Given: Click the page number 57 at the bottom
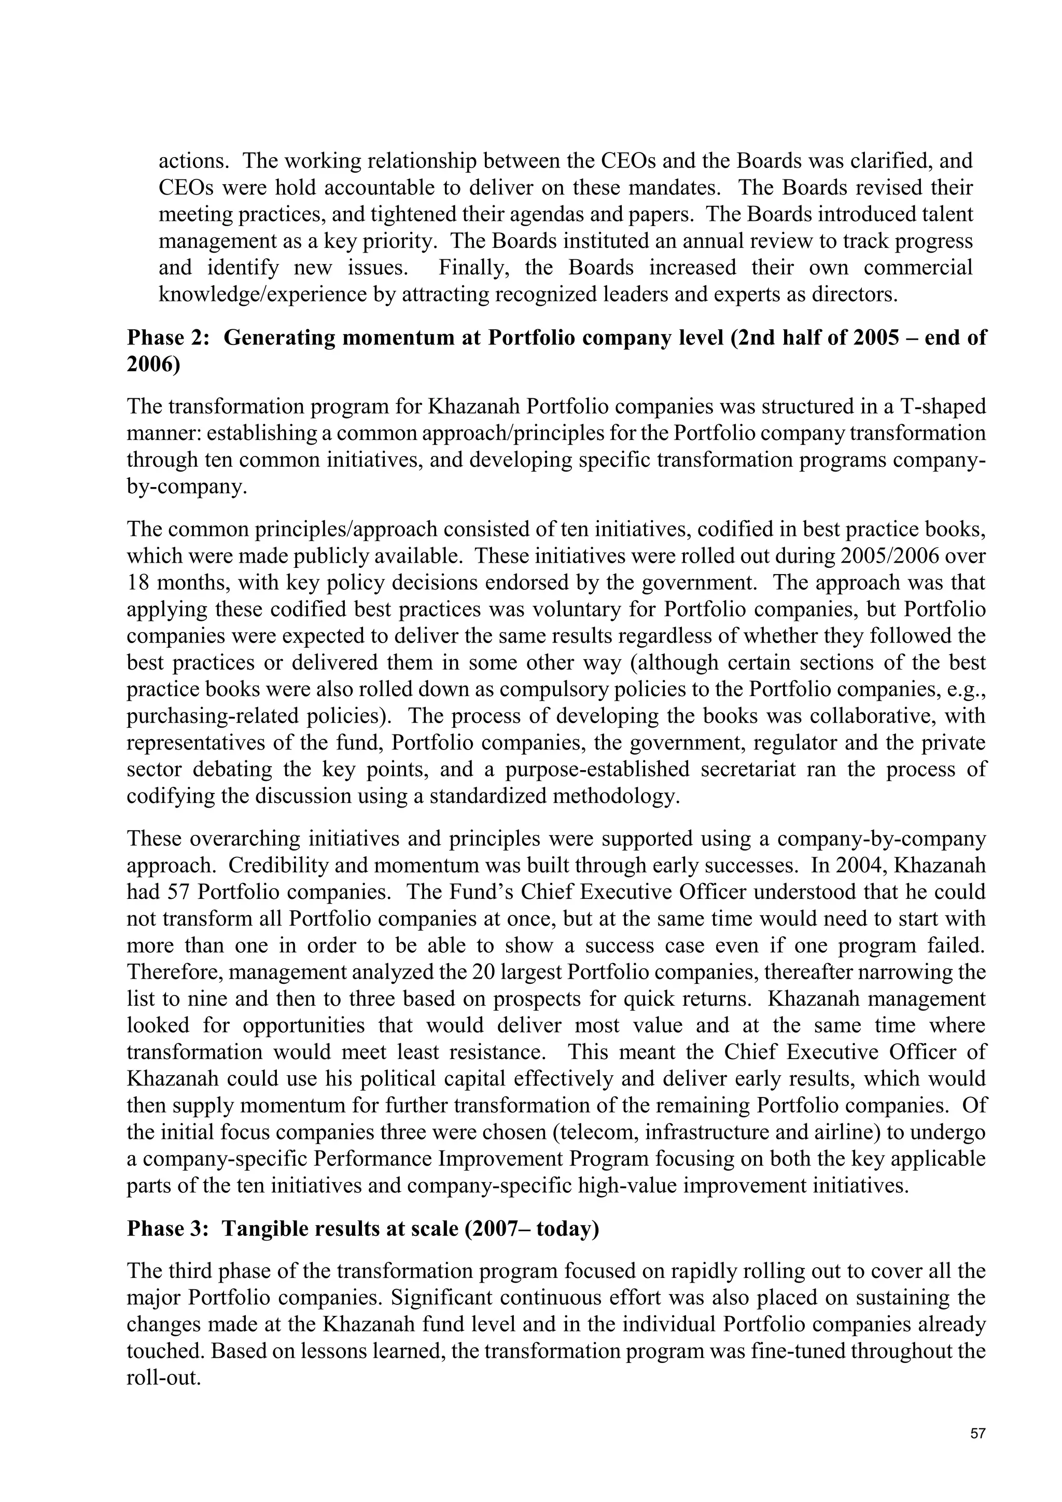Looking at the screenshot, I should pos(977,1434).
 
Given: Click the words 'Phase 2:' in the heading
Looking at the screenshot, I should pos(168,338).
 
